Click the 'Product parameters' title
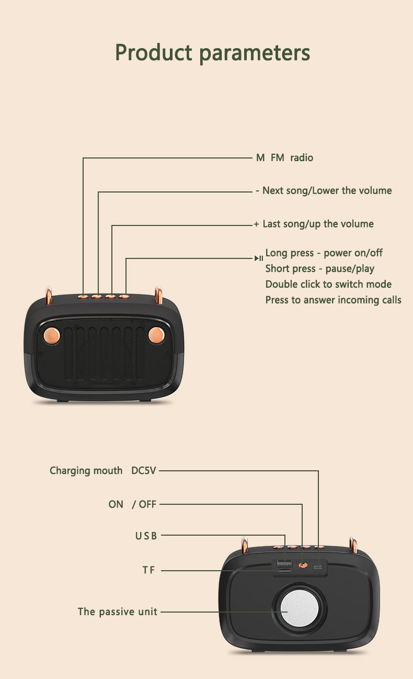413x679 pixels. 212,53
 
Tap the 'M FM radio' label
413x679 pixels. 284,157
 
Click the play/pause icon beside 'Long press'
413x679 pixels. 259,258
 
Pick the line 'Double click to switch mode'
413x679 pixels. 328,285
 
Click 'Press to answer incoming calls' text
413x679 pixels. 334,300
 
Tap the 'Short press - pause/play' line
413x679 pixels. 319,269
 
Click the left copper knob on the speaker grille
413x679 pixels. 52,335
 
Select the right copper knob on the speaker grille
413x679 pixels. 156,335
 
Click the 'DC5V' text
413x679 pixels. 144,470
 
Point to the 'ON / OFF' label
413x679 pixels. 132,504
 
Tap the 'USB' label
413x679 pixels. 146,536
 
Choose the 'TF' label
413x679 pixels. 149,570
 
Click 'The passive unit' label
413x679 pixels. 118,612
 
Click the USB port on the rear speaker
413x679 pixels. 284,564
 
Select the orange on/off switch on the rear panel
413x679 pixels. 302,565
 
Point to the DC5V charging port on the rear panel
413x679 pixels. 318,566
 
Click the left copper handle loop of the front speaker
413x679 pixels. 49,295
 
